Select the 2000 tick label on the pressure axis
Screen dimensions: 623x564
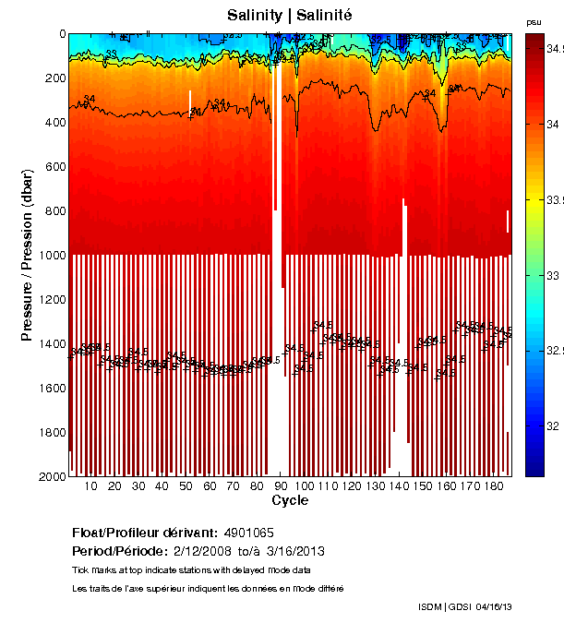point(50,476)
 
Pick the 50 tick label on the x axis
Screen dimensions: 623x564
point(186,486)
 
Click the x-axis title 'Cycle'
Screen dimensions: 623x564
point(290,500)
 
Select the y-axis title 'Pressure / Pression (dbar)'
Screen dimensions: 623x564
point(27,255)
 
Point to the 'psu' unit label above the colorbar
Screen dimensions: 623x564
point(534,21)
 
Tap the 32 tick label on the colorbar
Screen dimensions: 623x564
point(553,426)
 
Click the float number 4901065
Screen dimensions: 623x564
point(246,533)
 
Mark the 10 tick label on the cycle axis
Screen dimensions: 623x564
point(90,486)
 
